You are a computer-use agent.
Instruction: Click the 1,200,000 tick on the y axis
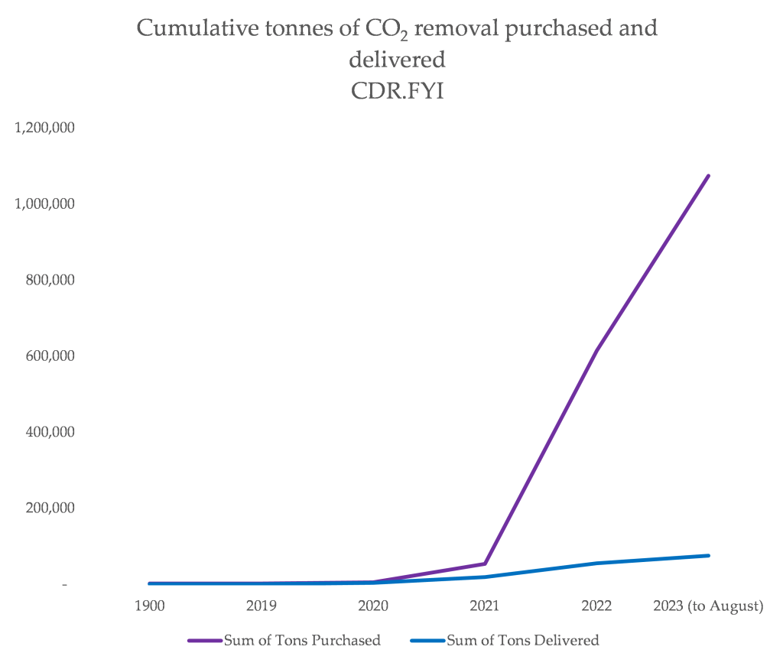coord(45,128)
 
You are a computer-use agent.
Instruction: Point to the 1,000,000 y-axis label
coord(45,204)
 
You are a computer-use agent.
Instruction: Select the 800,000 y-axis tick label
coord(50,280)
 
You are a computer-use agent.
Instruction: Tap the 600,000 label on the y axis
coord(50,356)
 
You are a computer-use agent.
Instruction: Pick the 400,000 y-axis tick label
coord(50,432)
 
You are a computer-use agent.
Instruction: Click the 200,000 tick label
coord(50,508)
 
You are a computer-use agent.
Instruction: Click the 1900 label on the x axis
coord(150,606)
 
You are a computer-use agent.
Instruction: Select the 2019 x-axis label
coord(262,606)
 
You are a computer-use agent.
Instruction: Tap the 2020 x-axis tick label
coord(373,606)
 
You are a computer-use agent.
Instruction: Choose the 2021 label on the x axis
coord(485,606)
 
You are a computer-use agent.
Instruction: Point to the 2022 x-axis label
coord(596,606)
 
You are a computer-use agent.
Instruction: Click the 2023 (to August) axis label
coord(708,606)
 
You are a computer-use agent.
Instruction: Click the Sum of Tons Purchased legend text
coord(302,641)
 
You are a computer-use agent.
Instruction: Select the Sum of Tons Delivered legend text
coord(522,641)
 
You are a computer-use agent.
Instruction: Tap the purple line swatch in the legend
coord(205,641)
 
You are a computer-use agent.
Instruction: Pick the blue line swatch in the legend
coord(427,641)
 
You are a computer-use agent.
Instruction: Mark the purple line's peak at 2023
coord(708,176)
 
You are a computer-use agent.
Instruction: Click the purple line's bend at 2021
coord(485,564)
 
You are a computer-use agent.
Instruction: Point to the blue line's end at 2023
coord(708,555)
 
